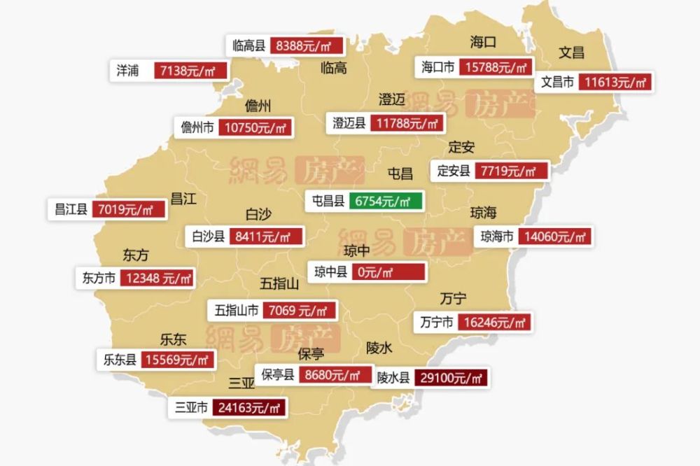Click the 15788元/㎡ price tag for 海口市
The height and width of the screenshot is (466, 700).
tap(494, 67)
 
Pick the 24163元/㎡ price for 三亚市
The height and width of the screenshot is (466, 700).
tap(250, 407)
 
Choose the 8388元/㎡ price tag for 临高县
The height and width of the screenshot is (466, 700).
tap(307, 46)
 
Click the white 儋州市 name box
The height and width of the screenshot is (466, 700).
tap(197, 127)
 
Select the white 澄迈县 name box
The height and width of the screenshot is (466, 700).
tap(349, 124)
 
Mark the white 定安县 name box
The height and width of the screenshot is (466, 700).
tap(454, 171)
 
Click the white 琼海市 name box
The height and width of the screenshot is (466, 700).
tap(497, 236)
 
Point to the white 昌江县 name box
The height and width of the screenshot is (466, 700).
tap(71, 209)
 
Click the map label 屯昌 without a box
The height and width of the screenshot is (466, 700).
tap(400, 173)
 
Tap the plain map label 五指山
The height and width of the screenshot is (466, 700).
tap(279, 283)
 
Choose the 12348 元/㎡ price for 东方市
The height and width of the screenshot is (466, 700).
tap(157, 278)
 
